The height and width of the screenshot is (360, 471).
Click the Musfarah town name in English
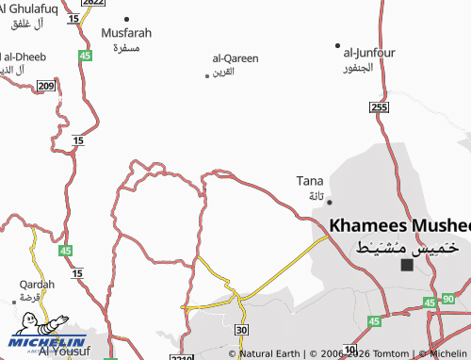(x=126, y=32)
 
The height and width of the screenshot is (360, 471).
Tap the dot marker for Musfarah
(x=127, y=18)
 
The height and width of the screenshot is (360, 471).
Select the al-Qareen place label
(x=235, y=58)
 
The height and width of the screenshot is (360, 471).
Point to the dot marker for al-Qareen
(x=207, y=75)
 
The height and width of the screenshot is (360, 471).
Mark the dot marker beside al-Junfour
(x=337, y=44)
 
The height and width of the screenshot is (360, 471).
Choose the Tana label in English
(x=310, y=180)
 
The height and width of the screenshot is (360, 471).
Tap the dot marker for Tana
(x=329, y=201)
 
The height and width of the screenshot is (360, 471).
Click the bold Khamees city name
(x=399, y=226)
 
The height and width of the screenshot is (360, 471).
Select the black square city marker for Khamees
(x=407, y=265)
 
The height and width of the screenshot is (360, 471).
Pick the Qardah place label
(x=37, y=284)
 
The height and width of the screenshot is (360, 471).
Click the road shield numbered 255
(x=379, y=108)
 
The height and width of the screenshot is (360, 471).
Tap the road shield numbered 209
(x=46, y=86)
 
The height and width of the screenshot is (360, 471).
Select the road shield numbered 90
(x=447, y=299)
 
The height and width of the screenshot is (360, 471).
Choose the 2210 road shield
(x=182, y=356)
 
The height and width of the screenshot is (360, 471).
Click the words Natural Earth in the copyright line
(x=270, y=353)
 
